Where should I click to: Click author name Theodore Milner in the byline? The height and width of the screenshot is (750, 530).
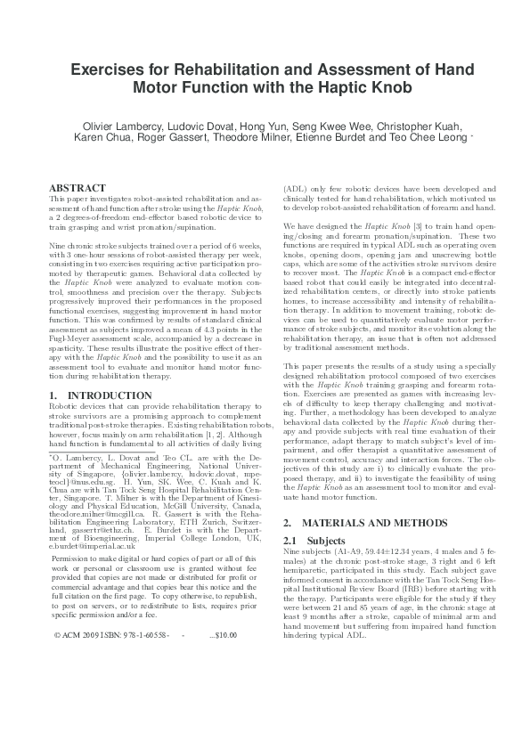coord(280,138)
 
